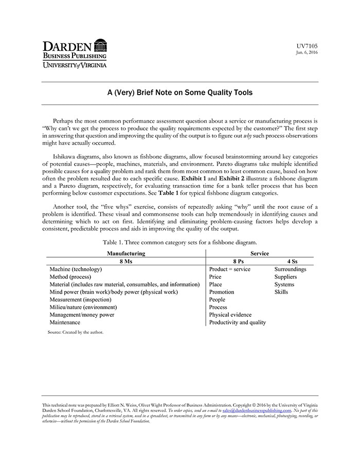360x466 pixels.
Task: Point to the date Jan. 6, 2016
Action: tap(307, 52)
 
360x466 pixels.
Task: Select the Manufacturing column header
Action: tap(125, 253)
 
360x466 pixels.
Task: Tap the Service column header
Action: tap(260, 253)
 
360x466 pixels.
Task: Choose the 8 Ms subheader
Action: tap(125, 261)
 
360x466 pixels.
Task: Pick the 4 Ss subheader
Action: tap(292, 261)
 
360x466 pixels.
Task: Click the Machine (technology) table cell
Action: tap(76, 269)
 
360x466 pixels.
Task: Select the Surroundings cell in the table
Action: tap(290, 269)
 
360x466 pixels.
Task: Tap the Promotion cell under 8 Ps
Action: tap(222, 292)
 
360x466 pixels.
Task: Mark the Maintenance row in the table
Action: tap(65, 322)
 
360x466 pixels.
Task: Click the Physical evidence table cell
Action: tap(230, 315)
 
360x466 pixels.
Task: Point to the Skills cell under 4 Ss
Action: tap(281, 292)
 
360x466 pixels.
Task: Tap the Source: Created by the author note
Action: tap(76, 332)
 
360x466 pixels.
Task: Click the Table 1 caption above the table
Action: tap(179, 242)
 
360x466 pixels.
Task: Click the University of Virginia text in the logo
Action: tap(75, 65)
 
